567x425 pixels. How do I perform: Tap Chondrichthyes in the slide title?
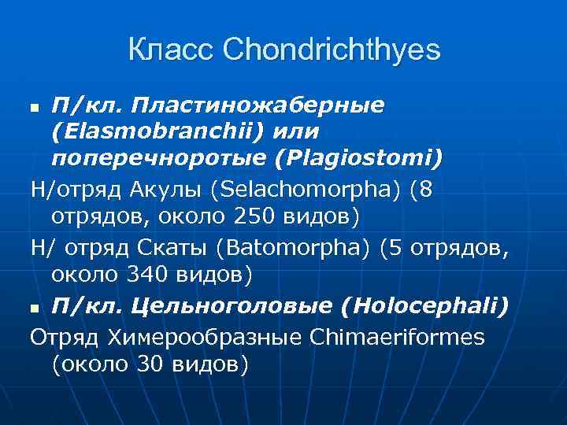click(332, 51)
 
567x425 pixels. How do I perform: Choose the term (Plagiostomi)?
click(359, 159)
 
